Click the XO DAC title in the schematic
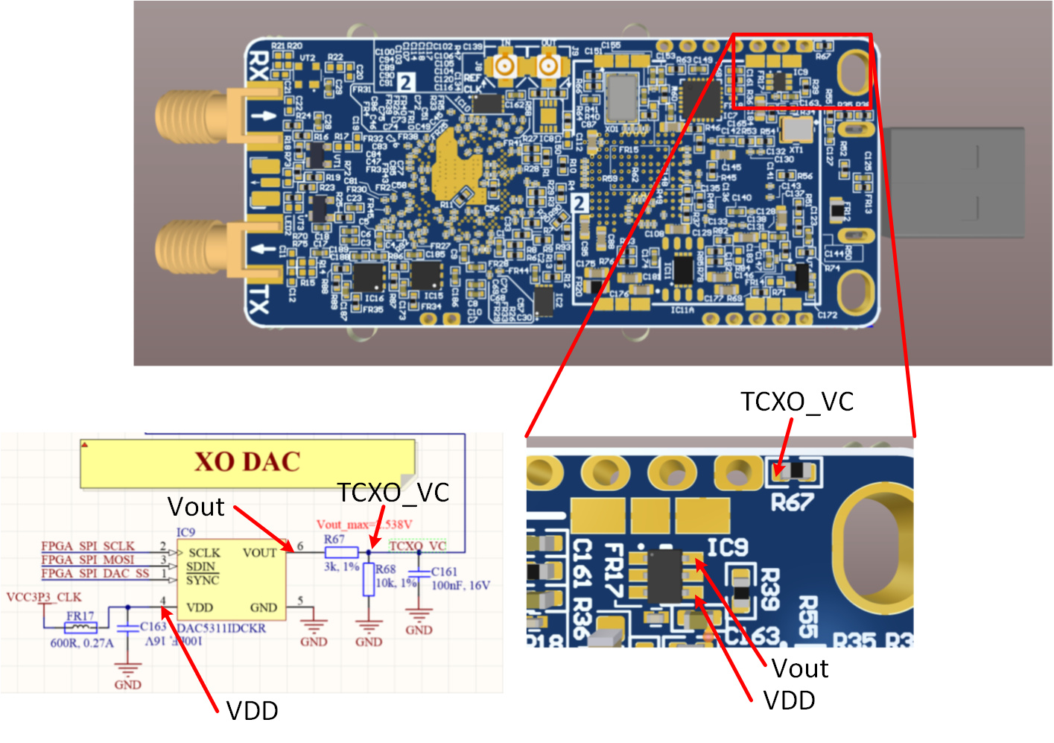point(247,462)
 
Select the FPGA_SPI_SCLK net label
point(88,546)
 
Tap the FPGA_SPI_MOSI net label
point(88,560)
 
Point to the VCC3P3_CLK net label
point(43,597)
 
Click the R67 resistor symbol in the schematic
point(341,552)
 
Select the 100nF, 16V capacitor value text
point(460,585)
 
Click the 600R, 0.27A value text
point(82,643)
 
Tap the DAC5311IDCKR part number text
point(221,628)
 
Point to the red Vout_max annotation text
point(363,525)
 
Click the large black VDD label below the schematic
point(252,711)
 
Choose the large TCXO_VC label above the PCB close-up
point(797,402)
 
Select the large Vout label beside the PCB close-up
point(800,668)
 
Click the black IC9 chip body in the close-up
point(665,575)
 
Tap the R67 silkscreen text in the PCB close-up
point(791,503)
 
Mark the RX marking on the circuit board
point(258,66)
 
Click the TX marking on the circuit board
point(258,301)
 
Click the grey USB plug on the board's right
point(955,183)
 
